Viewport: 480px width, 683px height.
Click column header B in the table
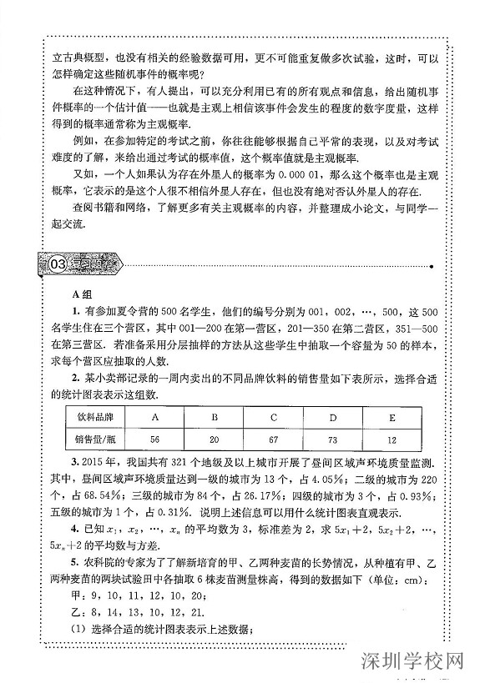[214, 414]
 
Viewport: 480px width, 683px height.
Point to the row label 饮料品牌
[93, 414]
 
